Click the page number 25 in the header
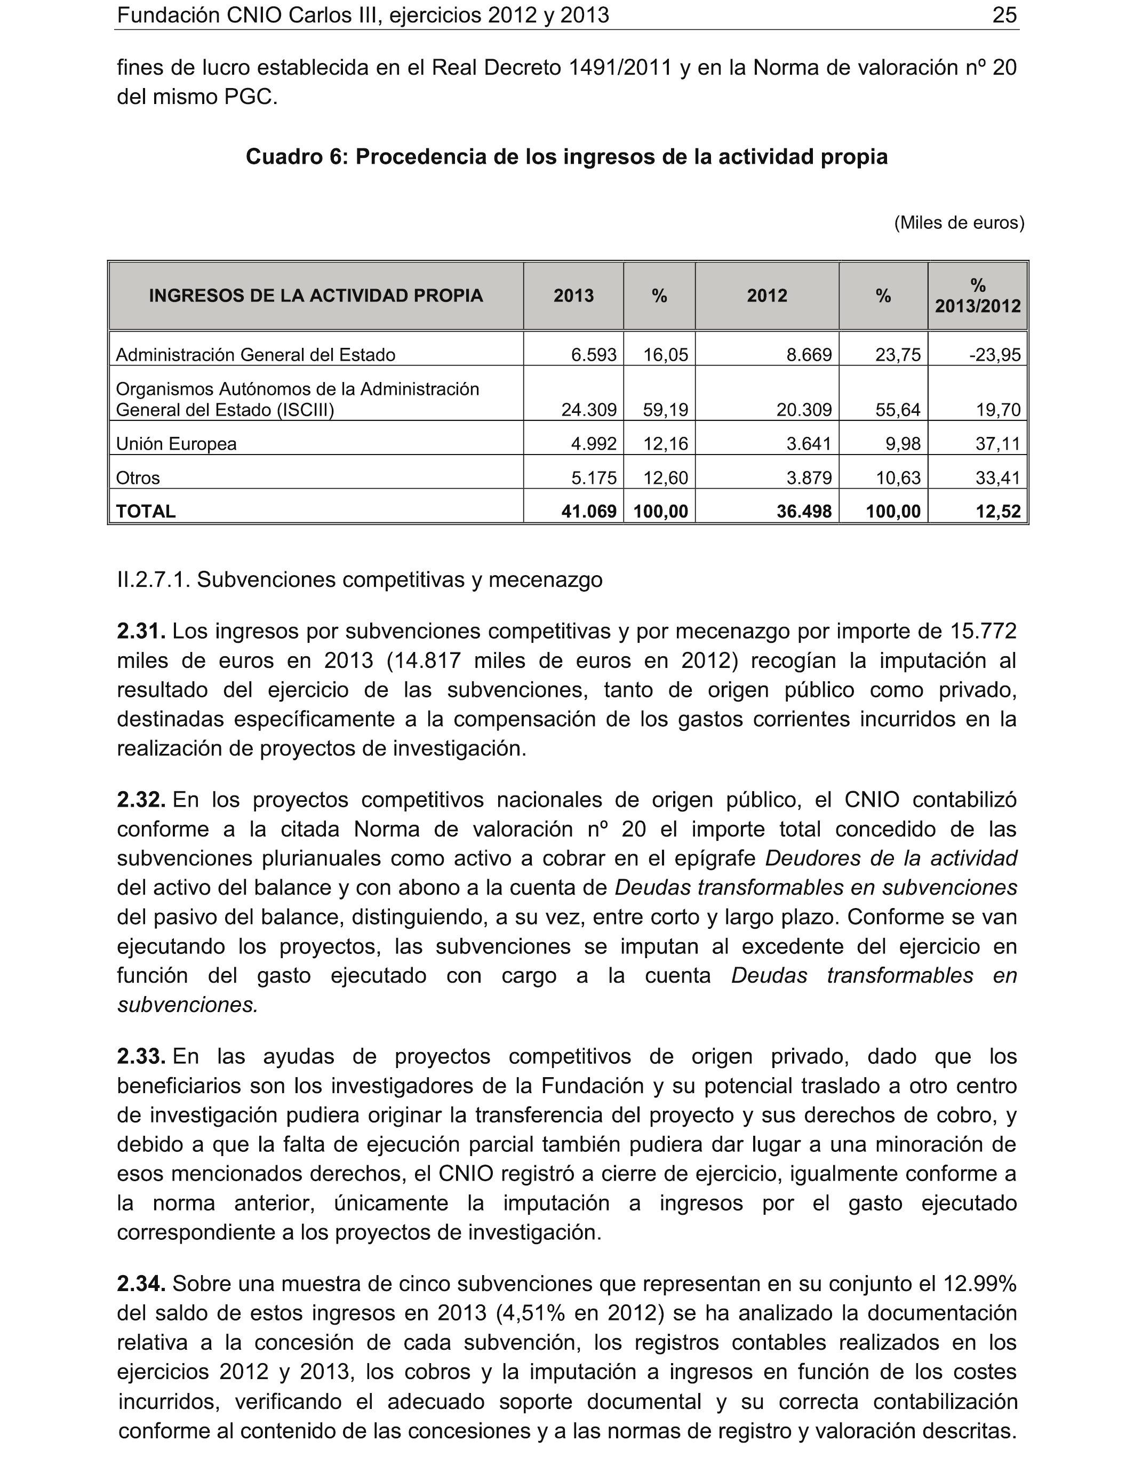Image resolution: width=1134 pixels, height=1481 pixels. (1004, 15)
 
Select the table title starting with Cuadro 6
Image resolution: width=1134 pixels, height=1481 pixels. (566, 157)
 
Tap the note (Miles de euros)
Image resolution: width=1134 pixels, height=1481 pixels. (959, 223)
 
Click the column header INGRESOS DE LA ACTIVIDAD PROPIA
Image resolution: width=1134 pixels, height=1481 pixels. (316, 296)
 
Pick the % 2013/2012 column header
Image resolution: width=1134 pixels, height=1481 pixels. (977, 296)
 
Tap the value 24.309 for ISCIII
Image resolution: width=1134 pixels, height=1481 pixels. (588, 410)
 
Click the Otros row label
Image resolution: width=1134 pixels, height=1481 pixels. (138, 478)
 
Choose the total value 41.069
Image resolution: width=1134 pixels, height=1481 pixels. (588, 512)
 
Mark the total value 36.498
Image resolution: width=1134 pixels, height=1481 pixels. (804, 512)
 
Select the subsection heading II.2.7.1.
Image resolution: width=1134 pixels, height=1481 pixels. (360, 580)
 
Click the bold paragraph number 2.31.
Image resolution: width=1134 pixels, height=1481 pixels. (141, 631)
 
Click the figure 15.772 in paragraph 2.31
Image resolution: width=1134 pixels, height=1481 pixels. (983, 631)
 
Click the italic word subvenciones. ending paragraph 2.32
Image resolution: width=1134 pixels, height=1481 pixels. (188, 1005)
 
